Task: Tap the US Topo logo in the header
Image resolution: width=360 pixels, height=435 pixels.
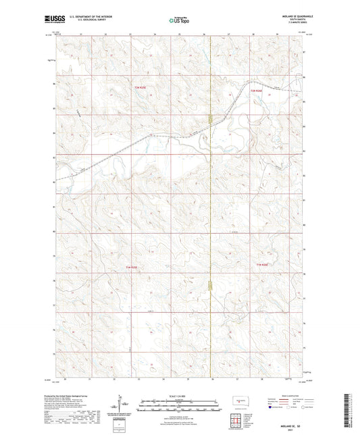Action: (x=178, y=21)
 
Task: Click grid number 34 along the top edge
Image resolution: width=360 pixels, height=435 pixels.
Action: (x=155, y=33)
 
